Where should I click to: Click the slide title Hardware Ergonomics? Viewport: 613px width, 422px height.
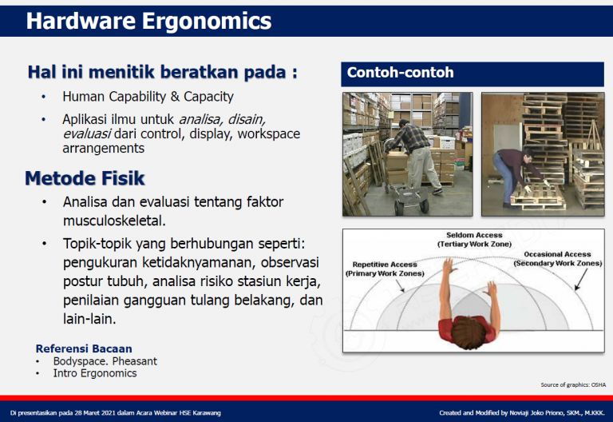pyautogui.click(x=148, y=21)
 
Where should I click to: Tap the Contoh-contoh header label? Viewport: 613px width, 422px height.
pyautogui.click(x=400, y=73)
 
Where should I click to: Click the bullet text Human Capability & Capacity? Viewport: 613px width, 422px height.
pyautogui.click(x=148, y=97)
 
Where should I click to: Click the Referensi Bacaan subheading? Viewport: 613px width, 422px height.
pyautogui.click(x=84, y=348)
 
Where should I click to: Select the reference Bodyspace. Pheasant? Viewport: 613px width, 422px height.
pyautogui.click(x=105, y=361)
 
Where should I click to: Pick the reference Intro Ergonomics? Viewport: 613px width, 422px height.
pyautogui.click(x=95, y=373)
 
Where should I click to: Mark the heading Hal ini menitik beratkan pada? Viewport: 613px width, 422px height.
pyautogui.click(x=162, y=72)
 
